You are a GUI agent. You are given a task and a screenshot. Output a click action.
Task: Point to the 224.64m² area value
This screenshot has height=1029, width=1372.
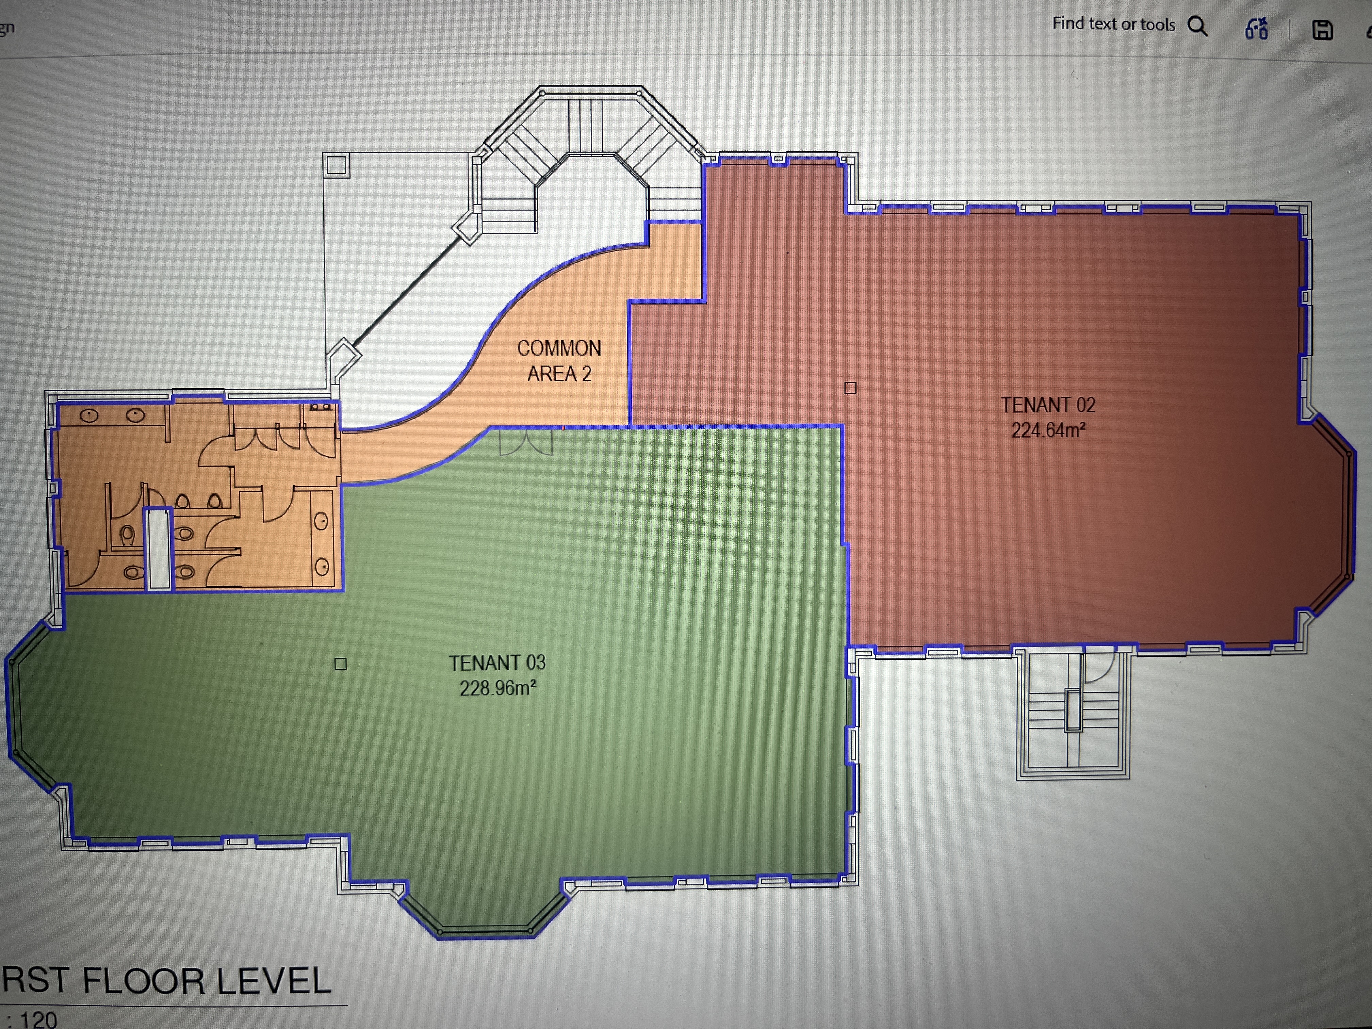(1048, 430)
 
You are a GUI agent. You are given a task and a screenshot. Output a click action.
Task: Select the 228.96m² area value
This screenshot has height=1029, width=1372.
(497, 688)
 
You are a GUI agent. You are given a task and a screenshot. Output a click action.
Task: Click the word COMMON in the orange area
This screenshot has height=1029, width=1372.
(559, 348)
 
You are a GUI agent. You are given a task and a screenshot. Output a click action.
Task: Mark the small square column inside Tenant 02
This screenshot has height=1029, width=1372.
(850, 388)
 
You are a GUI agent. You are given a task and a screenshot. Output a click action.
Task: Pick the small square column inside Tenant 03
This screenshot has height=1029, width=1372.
(340, 664)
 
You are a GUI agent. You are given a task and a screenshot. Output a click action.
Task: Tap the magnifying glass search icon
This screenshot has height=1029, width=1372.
(1197, 26)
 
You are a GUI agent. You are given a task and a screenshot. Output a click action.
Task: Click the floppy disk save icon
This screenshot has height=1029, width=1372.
(1322, 30)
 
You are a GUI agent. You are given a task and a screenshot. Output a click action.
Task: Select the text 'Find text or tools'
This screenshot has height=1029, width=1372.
(1113, 24)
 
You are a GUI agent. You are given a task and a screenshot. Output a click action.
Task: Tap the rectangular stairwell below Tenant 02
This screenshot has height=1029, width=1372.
(1073, 713)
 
